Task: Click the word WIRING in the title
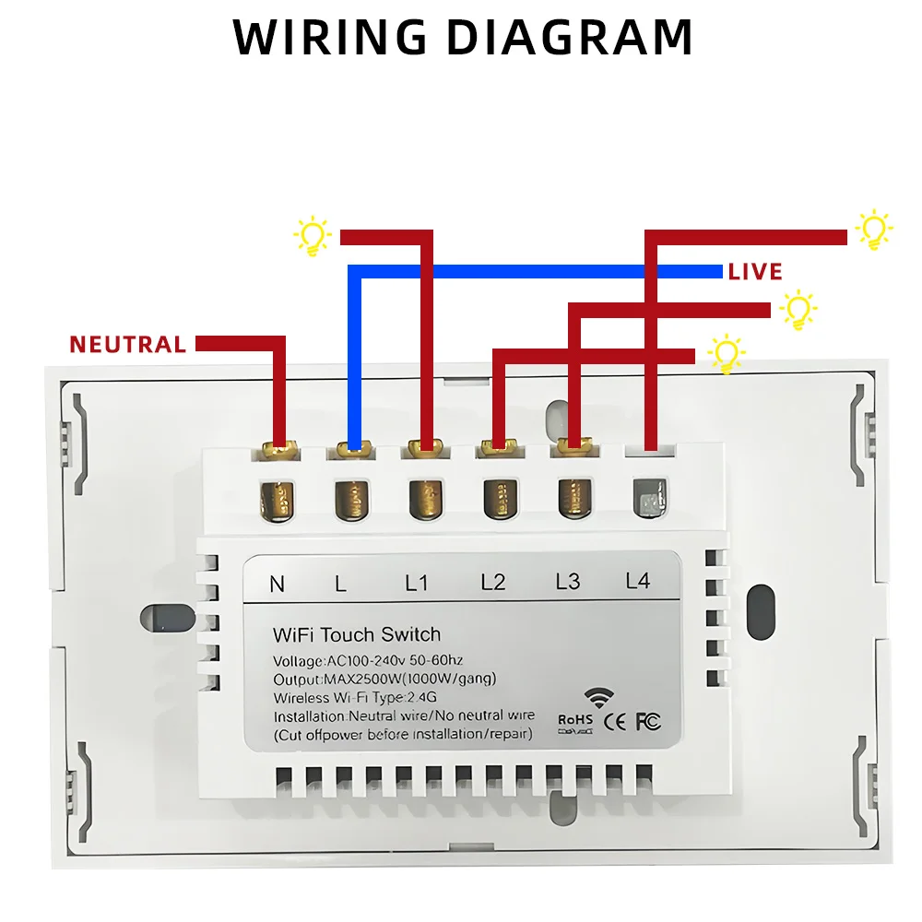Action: (x=329, y=37)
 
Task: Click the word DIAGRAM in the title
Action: (x=570, y=37)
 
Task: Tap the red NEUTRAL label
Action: (x=127, y=345)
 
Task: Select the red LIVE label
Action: (x=755, y=272)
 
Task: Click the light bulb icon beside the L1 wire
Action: (x=313, y=236)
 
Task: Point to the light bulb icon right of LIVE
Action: (x=798, y=309)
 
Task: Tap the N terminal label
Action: (x=277, y=584)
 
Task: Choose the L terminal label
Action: (x=340, y=584)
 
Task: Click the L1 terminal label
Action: (x=417, y=583)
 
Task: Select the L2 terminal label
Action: (x=492, y=582)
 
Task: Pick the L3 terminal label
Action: (x=567, y=581)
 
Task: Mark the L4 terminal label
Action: (x=637, y=580)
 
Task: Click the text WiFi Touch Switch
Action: (x=357, y=634)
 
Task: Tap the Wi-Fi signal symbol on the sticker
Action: (x=598, y=698)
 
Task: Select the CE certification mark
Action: (x=615, y=722)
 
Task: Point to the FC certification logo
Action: (x=648, y=722)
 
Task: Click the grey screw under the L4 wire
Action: (x=650, y=498)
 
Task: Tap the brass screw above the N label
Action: (x=277, y=501)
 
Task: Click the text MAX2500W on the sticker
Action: (x=362, y=680)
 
